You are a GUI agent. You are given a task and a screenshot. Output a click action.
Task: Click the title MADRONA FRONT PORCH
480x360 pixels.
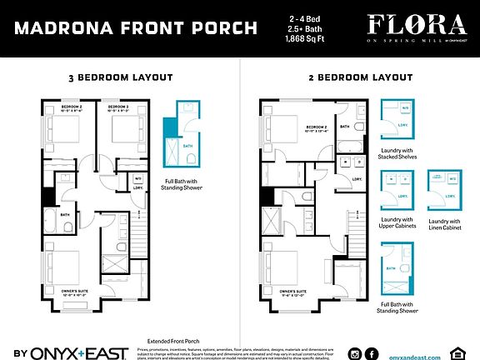click(x=137, y=28)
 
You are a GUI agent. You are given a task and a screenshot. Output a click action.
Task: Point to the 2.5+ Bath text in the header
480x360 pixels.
click(x=306, y=28)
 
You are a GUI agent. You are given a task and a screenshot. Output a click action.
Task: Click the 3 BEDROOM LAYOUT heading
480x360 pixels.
click(x=120, y=77)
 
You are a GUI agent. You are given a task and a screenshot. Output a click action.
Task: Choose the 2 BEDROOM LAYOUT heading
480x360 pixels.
click(x=359, y=77)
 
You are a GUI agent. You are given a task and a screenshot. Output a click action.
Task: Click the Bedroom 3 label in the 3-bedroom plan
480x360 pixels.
click(x=117, y=110)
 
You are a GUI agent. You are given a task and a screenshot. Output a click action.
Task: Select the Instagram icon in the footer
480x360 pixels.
click(x=356, y=353)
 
